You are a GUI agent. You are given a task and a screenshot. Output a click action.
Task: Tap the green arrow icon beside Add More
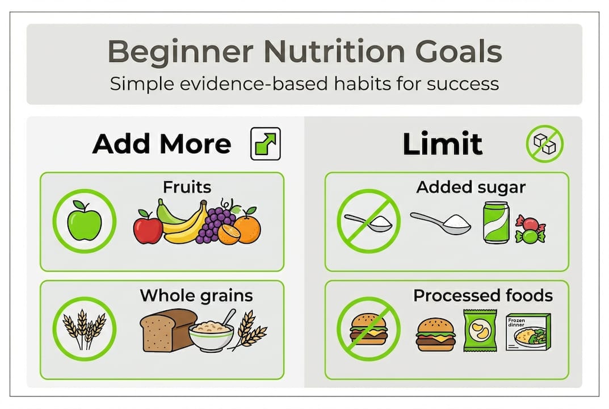click(265, 143)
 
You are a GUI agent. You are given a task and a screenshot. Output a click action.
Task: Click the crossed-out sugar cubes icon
click(544, 143)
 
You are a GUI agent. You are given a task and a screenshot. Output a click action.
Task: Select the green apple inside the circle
click(84, 221)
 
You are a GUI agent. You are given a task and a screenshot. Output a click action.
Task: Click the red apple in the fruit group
click(148, 227)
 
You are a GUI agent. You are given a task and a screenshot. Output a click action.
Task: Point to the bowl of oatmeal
click(211, 335)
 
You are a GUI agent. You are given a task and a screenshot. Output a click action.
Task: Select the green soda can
click(496, 223)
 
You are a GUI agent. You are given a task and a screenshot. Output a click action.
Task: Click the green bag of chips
click(480, 330)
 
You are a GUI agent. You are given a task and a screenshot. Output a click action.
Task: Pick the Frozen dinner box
click(528, 332)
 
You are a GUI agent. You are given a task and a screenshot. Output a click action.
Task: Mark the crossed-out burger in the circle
click(368, 329)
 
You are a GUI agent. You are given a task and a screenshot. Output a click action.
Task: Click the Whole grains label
click(196, 295)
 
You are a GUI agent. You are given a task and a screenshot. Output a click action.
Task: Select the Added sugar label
click(471, 187)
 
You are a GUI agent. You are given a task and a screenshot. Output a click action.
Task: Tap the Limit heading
click(443, 144)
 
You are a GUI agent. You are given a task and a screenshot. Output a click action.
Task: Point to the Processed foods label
click(482, 295)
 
